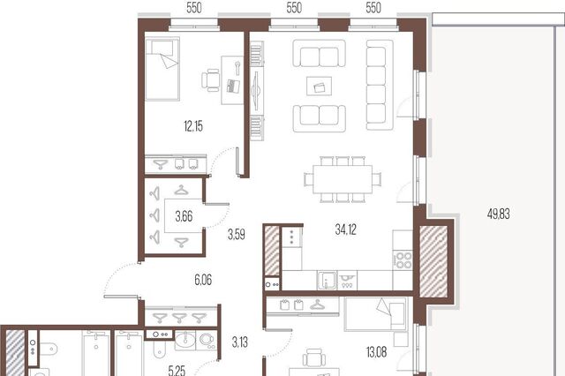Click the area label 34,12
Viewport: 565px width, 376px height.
pos(345,229)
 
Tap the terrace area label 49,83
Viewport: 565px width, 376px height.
pos(498,214)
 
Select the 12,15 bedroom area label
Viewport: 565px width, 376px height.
pos(193,126)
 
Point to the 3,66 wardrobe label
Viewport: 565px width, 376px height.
pos(184,216)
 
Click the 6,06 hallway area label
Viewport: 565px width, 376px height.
pos(203,280)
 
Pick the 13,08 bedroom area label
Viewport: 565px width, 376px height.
pos(377,352)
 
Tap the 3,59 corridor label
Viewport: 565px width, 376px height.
pos(237,235)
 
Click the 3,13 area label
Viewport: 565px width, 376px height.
pos(239,342)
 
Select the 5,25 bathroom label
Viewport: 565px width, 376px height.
pos(177,370)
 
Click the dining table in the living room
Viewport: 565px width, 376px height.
pos(343,179)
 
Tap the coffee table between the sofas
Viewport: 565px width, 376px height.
pos(320,86)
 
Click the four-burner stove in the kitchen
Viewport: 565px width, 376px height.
pos(403,260)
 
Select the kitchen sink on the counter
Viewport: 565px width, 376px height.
pos(327,281)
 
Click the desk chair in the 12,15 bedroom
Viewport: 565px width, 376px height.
pos(210,80)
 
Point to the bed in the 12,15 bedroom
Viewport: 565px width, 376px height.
pos(162,69)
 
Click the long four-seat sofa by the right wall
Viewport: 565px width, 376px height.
pos(380,85)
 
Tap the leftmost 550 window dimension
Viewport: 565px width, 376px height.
pos(194,8)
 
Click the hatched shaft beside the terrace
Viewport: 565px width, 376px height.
pos(433,262)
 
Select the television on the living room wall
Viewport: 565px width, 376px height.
pos(256,90)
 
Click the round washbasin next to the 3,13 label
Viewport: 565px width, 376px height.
pos(185,340)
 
